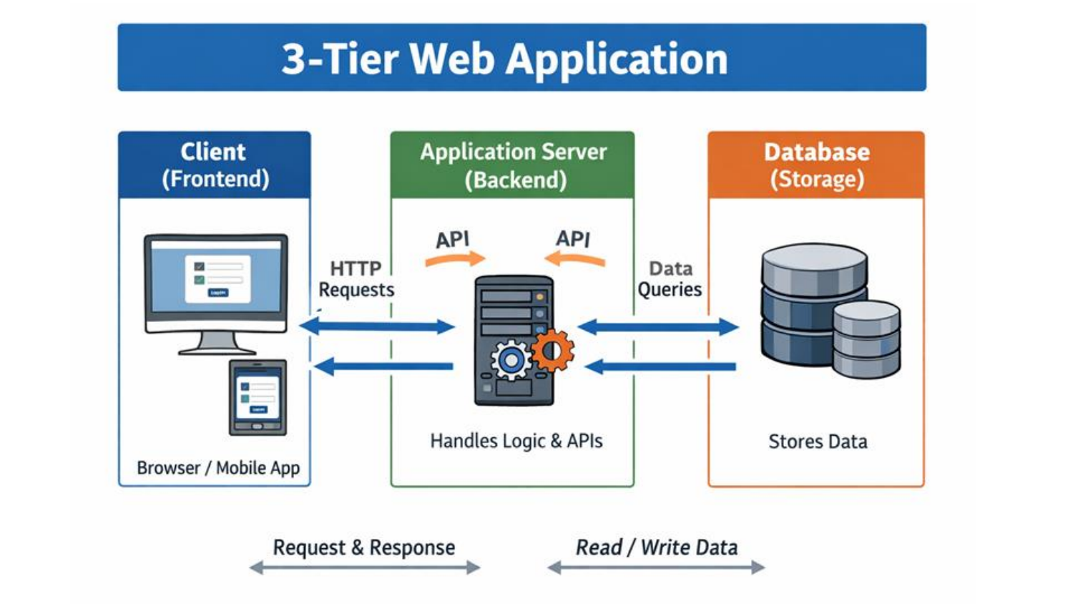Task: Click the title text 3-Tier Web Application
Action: [x=504, y=58]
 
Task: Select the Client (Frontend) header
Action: [x=215, y=165]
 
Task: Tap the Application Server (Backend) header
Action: [x=513, y=165]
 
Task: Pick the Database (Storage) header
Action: [x=816, y=165]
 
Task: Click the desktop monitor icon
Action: [x=216, y=290]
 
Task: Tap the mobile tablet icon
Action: [x=258, y=397]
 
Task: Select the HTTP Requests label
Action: [x=356, y=279]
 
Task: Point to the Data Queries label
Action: [x=670, y=279]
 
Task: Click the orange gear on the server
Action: [x=552, y=351]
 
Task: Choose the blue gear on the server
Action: [x=511, y=361]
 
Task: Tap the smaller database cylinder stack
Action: [x=866, y=340]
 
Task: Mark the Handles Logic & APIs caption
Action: [x=516, y=441]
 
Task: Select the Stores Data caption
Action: [x=818, y=442]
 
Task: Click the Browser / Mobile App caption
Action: [x=218, y=468]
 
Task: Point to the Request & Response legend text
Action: [x=363, y=547]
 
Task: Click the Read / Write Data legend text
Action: [x=656, y=547]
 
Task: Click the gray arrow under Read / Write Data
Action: [x=656, y=568]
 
